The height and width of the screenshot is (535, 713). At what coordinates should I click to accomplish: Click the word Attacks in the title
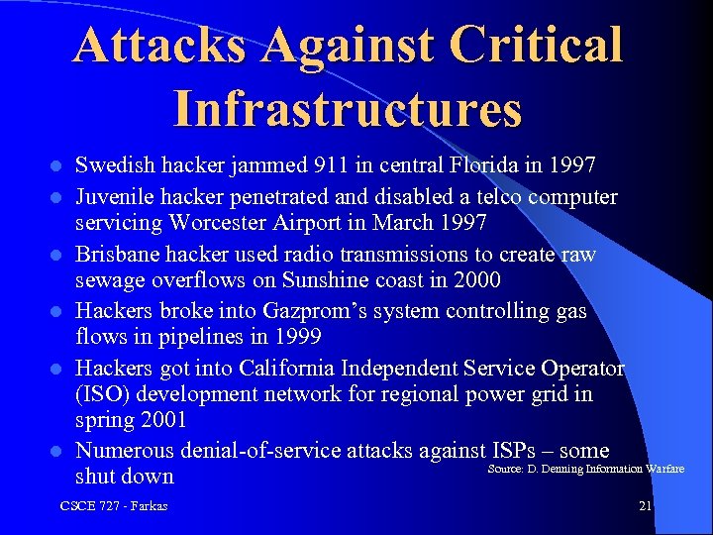click(x=153, y=46)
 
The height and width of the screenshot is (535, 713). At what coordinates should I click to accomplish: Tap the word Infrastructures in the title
click(x=347, y=108)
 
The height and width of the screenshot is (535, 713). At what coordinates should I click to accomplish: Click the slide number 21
click(x=645, y=506)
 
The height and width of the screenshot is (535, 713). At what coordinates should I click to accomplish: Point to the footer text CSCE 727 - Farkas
click(x=114, y=506)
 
